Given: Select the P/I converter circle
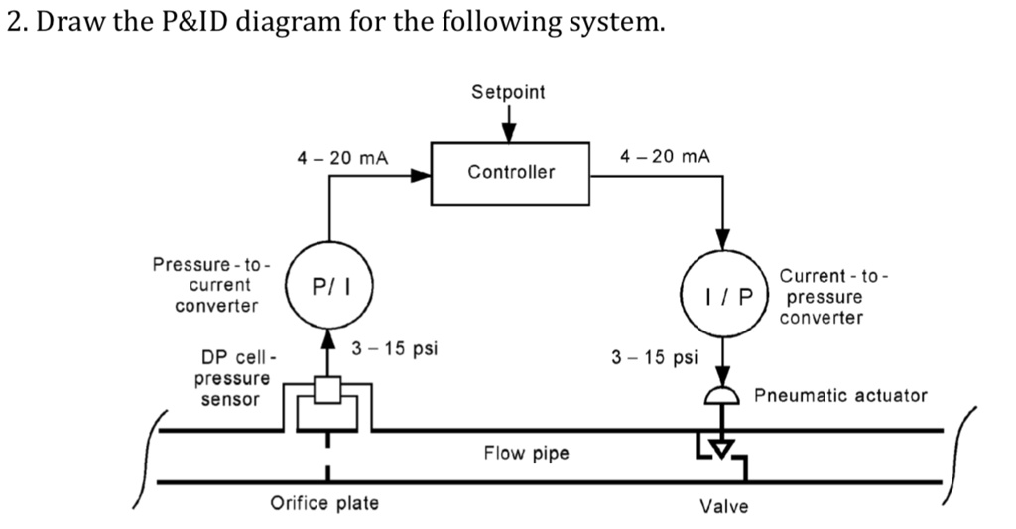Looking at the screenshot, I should pyautogui.click(x=328, y=286).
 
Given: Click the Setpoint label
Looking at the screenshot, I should pyautogui.click(x=508, y=92).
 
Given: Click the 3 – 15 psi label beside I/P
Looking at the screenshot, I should pyautogui.click(x=655, y=356).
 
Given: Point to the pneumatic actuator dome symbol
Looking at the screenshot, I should pyautogui.click(x=722, y=397).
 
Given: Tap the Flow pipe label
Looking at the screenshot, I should pyautogui.click(x=526, y=454).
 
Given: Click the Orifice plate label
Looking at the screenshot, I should pyautogui.click(x=324, y=503).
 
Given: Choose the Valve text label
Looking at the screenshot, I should pyautogui.click(x=724, y=507).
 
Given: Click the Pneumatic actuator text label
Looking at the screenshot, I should pyautogui.click(x=840, y=395).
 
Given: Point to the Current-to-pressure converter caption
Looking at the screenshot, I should pyautogui.click(x=821, y=296).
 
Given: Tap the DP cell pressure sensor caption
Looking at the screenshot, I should pyautogui.click(x=234, y=378).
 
